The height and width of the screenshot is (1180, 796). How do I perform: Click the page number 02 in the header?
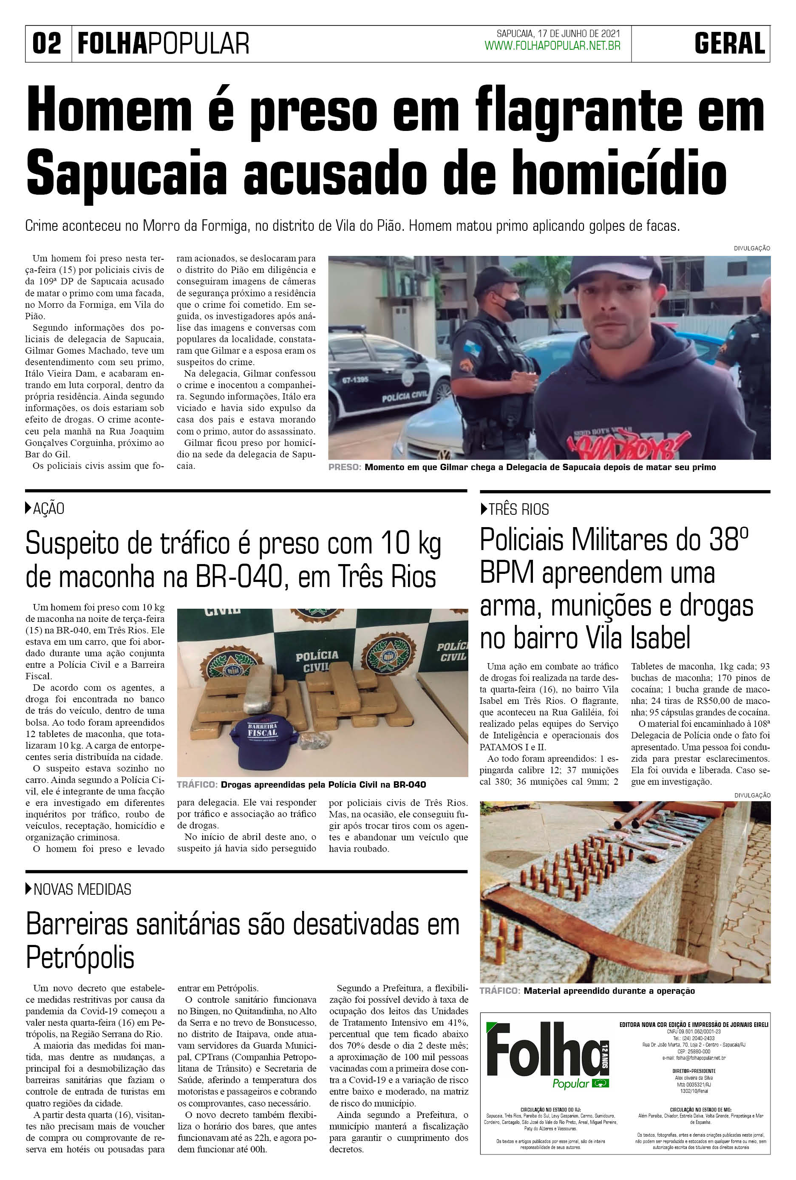pyautogui.click(x=47, y=44)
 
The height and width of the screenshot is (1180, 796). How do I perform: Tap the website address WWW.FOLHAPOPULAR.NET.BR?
pyautogui.click(x=552, y=46)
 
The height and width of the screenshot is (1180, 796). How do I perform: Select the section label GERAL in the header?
pyautogui.click(x=730, y=44)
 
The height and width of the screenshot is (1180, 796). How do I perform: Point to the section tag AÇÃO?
pyautogui.click(x=48, y=509)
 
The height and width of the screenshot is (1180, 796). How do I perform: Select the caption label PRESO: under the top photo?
pyautogui.click(x=345, y=467)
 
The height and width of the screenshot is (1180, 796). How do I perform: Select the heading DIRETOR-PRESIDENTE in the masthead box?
pyautogui.click(x=694, y=1071)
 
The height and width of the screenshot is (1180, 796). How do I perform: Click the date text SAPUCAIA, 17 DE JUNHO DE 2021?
pyautogui.click(x=558, y=34)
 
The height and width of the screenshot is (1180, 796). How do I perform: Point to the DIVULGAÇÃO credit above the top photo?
pyautogui.click(x=751, y=248)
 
